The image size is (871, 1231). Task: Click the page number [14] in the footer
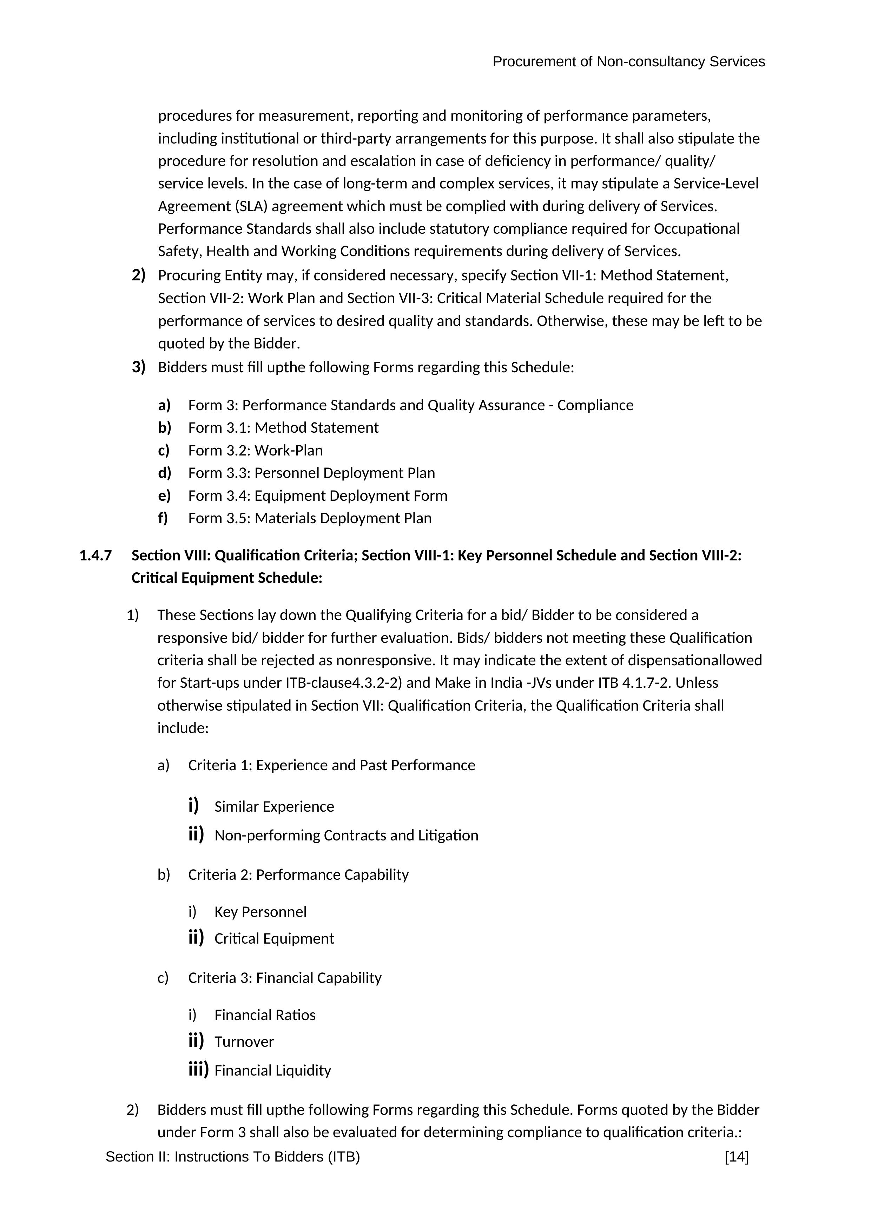737,1157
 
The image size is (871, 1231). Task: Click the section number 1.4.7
95,555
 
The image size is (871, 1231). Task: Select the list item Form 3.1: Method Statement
283,428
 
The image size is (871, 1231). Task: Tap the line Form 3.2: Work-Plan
255,450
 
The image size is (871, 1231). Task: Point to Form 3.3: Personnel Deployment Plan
311,473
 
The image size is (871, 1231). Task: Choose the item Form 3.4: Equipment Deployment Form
317,495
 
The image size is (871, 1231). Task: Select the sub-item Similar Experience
274,807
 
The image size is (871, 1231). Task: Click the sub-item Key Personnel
260,912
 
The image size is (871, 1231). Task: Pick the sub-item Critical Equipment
274,939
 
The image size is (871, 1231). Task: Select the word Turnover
244,1042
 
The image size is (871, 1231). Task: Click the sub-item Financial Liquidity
272,1071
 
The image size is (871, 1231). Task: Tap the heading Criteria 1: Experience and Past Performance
331,765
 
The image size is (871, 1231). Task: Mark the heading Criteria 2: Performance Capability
298,875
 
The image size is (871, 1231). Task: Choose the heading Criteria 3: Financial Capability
285,978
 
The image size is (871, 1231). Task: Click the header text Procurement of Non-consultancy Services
628,62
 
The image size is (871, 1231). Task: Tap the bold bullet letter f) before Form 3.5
163,518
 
